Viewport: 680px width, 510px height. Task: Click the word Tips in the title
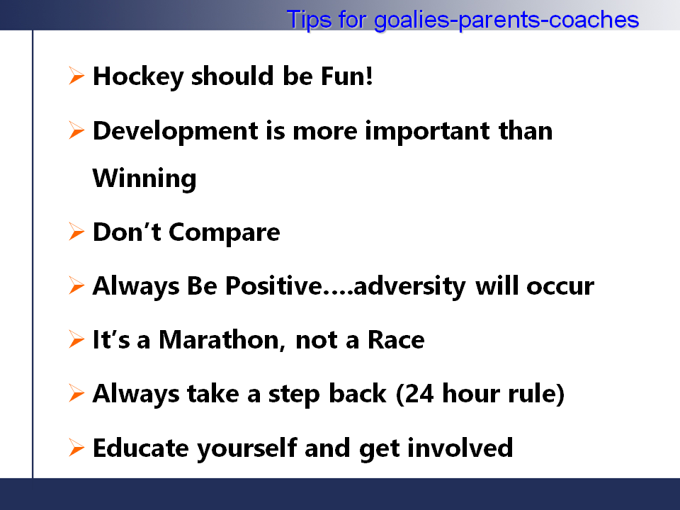click(x=310, y=20)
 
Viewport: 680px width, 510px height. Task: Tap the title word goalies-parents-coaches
click(x=506, y=21)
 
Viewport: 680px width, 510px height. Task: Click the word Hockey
click(x=138, y=77)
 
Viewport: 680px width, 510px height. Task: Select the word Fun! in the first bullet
click(x=347, y=76)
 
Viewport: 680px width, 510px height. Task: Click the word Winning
click(x=144, y=178)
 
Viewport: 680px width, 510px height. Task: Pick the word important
click(x=427, y=132)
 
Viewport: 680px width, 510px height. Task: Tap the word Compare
click(x=225, y=233)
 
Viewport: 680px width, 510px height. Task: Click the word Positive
click(x=273, y=285)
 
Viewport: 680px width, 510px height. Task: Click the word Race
click(x=396, y=339)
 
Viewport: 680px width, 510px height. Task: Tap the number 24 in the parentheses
click(x=419, y=394)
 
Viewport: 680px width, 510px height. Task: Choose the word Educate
click(x=141, y=448)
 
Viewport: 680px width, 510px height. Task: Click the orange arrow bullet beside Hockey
click(x=76, y=76)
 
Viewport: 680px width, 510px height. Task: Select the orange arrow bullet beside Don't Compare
click(x=76, y=232)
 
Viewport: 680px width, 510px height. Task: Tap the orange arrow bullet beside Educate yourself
click(x=76, y=448)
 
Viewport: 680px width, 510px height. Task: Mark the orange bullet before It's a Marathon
click(x=76, y=339)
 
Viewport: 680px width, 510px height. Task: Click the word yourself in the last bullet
click(x=247, y=448)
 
